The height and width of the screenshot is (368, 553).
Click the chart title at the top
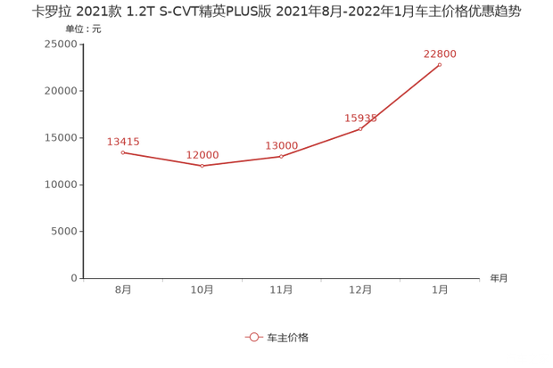click(276, 12)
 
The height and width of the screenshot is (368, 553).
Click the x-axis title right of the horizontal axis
click(497, 278)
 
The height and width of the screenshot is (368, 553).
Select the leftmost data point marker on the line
click(122, 152)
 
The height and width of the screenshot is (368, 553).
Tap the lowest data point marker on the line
click(202, 166)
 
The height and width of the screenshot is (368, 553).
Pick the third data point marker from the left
click(281, 156)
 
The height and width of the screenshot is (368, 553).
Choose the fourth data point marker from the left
click(360, 128)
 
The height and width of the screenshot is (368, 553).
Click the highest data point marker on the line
click(440, 64)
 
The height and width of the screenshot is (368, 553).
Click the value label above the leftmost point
click(122, 140)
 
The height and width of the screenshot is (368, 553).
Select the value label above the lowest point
click(202, 154)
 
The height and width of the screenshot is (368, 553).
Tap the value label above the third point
click(281, 143)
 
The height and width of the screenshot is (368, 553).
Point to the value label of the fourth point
click(362, 117)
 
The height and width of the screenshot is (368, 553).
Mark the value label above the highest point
click(441, 53)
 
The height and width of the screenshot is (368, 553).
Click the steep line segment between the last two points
click(400, 97)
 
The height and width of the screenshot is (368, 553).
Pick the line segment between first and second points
click(162, 159)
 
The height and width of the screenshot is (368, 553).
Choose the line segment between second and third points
click(242, 161)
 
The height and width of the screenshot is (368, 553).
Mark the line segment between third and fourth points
click(321, 143)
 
